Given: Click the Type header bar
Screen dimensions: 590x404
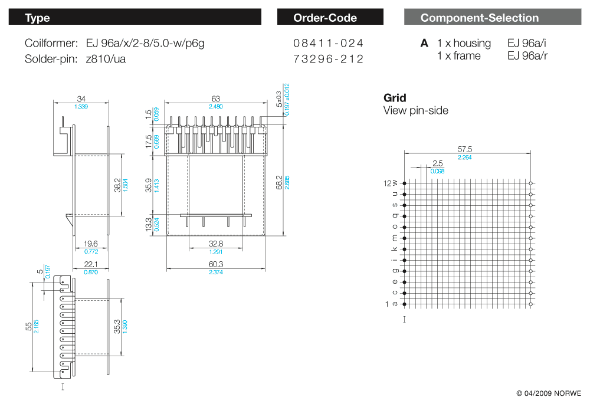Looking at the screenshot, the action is [x=135, y=17].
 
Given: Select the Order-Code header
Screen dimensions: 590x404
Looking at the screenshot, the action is [x=330, y=17].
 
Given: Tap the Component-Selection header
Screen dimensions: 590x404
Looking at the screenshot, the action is [x=493, y=17].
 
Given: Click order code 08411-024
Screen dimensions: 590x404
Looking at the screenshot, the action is [x=328, y=43].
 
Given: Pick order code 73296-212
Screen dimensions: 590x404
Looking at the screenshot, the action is [x=328, y=59].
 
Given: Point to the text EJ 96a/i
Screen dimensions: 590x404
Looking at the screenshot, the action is [x=526, y=43].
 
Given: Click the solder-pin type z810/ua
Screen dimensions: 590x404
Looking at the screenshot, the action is [x=106, y=59].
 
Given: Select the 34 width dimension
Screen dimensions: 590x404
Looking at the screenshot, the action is [x=81, y=99].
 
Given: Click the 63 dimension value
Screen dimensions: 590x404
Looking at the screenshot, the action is [x=215, y=98].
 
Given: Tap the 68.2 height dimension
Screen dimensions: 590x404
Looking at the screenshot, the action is [x=279, y=182].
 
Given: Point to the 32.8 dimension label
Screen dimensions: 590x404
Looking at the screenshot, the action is [x=216, y=244].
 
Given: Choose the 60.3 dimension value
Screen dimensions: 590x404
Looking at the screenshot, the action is [x=216, y=264].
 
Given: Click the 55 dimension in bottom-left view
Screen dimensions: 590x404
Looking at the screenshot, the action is [x=29, y=326].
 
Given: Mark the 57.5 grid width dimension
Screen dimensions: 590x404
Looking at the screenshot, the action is [x=465, y=149].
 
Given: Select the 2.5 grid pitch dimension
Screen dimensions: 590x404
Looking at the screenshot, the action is [x=438, y=163].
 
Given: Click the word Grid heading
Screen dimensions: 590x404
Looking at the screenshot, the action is [x=395, y=98].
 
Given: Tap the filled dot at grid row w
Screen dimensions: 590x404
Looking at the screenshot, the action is [x=405, y=183].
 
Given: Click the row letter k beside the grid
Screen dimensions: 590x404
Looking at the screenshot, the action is [x=394, y=249].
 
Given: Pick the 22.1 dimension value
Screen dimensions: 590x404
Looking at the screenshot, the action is [x=91, y=264].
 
